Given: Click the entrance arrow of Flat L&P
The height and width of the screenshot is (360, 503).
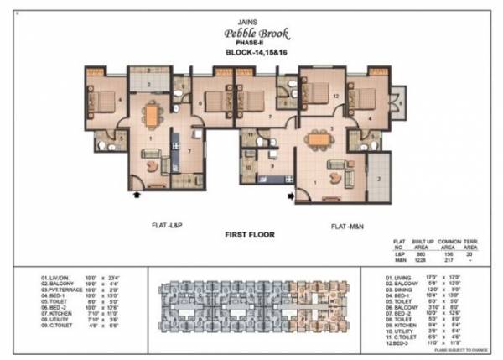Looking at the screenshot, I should (135, 195).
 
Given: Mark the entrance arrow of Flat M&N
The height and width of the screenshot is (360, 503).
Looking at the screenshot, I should (290, 197).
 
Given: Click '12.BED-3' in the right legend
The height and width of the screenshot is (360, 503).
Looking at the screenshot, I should (388, 342).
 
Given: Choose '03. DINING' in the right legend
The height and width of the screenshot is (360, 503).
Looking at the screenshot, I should (388, 289).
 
